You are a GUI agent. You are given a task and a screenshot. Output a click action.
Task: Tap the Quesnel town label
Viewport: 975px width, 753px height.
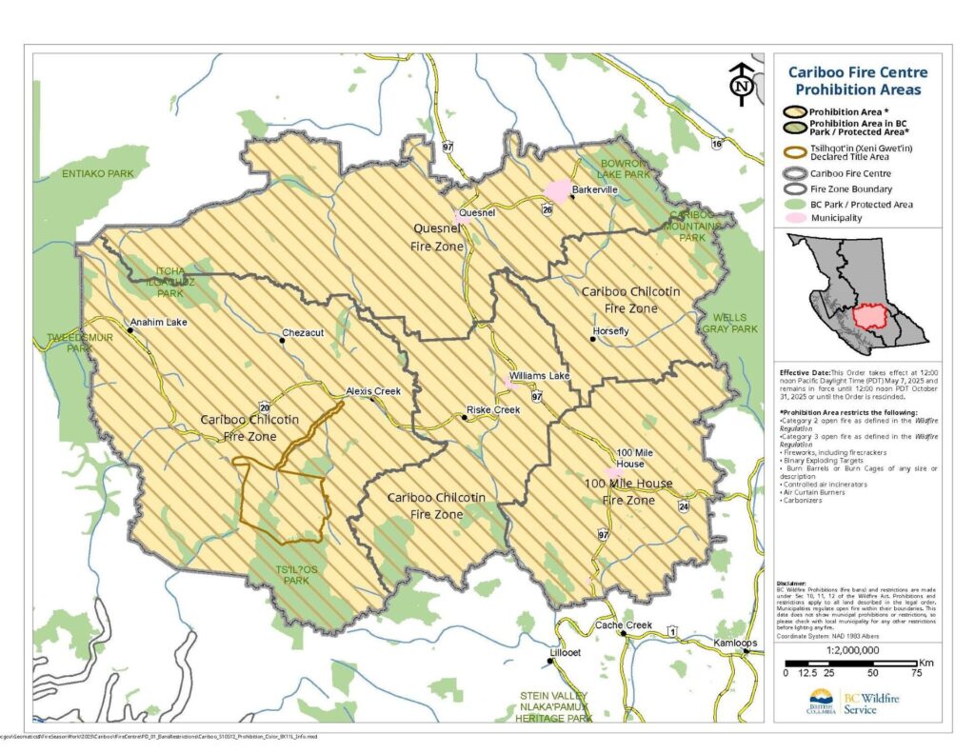477,213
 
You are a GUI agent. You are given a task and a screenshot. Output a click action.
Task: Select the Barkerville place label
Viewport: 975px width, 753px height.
594,190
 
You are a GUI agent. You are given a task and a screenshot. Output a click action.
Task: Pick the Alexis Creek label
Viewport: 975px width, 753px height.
372,391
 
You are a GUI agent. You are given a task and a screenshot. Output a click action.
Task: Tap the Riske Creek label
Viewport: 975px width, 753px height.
492,410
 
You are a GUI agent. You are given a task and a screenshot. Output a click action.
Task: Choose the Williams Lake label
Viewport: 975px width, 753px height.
539,376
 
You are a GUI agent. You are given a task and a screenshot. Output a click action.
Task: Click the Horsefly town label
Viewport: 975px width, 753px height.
610,331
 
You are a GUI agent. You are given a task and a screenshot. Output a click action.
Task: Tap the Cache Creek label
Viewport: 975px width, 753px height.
623,624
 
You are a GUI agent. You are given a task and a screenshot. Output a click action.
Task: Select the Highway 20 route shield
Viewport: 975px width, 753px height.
264,408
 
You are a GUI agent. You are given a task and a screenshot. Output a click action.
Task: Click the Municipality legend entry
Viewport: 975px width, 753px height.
836,218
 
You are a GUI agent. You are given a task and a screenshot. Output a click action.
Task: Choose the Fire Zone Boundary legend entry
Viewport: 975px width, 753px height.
850,188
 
